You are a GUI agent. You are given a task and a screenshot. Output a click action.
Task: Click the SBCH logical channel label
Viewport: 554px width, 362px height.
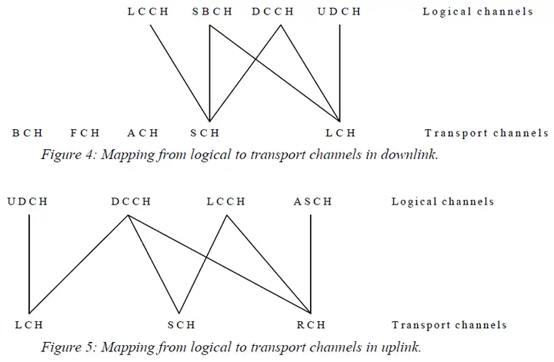210,12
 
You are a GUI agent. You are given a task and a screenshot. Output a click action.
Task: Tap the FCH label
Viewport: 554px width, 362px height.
85,133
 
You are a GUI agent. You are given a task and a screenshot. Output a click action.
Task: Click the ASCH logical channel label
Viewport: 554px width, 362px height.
312,202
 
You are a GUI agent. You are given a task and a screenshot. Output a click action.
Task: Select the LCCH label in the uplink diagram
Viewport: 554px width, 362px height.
225,202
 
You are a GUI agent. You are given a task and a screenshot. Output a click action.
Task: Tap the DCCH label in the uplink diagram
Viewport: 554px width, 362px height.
131,202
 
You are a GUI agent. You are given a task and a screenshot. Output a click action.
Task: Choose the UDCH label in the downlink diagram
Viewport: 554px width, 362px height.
339,12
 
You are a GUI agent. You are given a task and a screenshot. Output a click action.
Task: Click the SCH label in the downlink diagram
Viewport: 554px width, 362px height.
205,133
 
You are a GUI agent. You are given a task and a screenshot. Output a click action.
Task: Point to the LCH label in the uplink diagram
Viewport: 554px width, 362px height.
29,325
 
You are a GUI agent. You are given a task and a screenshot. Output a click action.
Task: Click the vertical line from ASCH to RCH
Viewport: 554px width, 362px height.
311,261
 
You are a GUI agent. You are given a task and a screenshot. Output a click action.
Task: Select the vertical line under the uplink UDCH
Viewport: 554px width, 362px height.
29,261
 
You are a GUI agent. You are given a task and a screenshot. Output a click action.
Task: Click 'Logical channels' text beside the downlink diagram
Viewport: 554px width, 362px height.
478,12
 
